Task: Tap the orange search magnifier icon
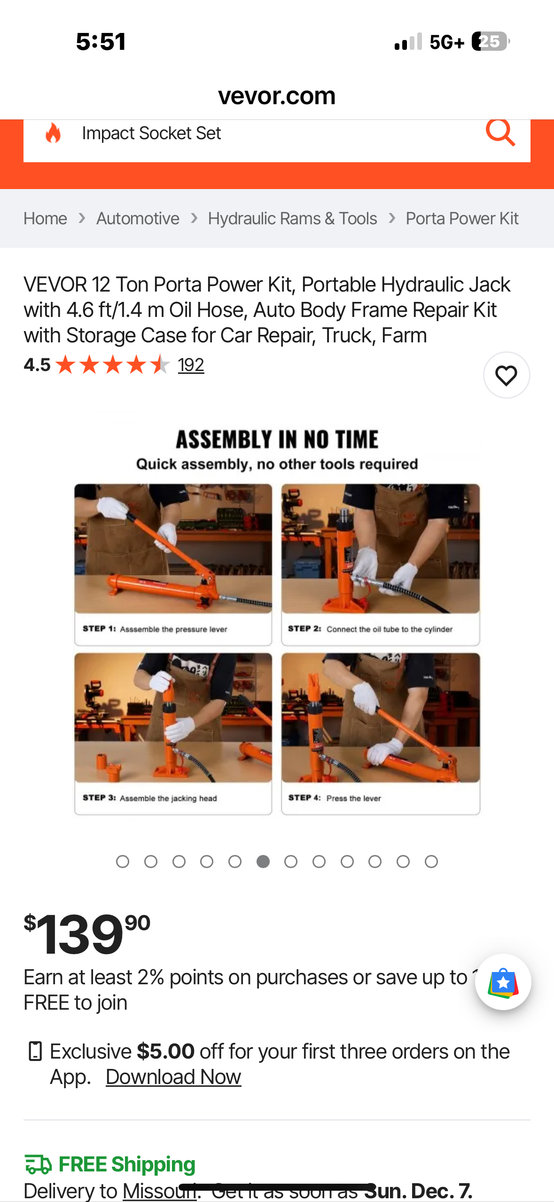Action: [500, 133]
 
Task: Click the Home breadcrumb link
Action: [45, 219]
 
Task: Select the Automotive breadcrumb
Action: [138, 219]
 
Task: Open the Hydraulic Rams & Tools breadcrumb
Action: [292, 219]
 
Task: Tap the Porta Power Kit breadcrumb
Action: [461, 219]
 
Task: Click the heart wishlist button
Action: [506, 375]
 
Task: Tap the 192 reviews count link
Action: [191, 365]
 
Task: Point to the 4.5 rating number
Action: [37, 365]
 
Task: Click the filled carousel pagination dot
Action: [263, 862]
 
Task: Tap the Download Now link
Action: [173, 1077]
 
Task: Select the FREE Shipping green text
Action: [127, 1164]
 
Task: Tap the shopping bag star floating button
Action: [503, 982]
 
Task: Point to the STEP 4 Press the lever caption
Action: [335, 798]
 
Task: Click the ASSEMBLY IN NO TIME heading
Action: [277, 440]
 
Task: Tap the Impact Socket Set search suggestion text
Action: [151, 134]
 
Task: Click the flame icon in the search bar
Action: [53, 133]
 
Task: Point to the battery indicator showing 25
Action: [490, 41]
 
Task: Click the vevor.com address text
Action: [277, 96]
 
